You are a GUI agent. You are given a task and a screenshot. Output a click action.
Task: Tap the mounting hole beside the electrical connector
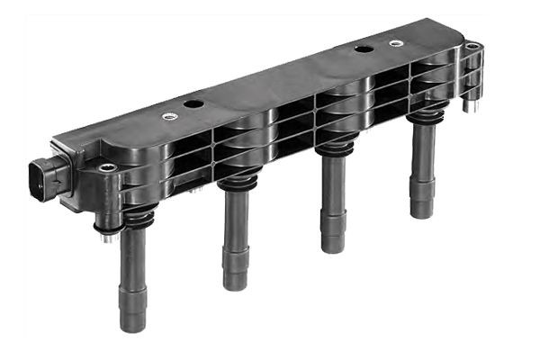[106, 167]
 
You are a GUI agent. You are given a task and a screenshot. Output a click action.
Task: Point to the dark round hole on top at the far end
[364, 49]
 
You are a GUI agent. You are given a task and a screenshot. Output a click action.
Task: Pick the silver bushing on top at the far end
[396, 42]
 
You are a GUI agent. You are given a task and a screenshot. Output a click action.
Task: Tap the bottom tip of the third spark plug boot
[334, 246]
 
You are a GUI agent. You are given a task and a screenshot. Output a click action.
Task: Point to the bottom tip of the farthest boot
[421, 212]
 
